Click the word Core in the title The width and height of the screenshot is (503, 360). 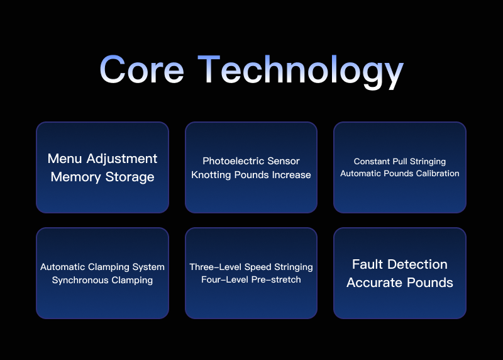141,69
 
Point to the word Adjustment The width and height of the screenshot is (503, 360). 123,159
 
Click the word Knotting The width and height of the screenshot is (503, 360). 211,175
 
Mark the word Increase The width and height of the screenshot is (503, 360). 291,175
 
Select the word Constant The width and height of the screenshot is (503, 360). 372,162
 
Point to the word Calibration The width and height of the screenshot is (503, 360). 436,173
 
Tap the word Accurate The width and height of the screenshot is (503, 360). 373,283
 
